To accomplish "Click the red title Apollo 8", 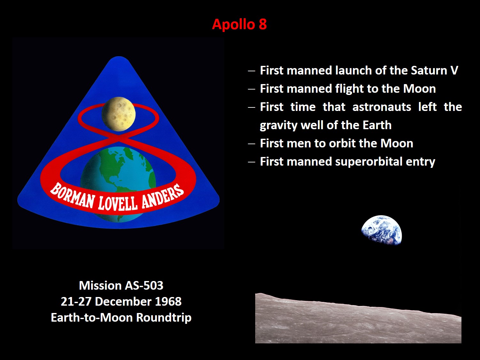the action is click(x=240, y=24).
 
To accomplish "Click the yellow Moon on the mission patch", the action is click(x=119, y=114).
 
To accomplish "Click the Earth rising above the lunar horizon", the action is click(x=382, y=230).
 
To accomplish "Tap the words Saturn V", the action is click(x=434, y=70).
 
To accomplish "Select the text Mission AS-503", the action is click(x=121, y=286).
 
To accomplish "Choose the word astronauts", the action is click(x=382, y=107).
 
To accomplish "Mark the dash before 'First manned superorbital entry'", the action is click(x=252, y=162).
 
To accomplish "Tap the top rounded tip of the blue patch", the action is click(x=119, y=57).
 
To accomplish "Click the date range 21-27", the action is click(x=76, y=301).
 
